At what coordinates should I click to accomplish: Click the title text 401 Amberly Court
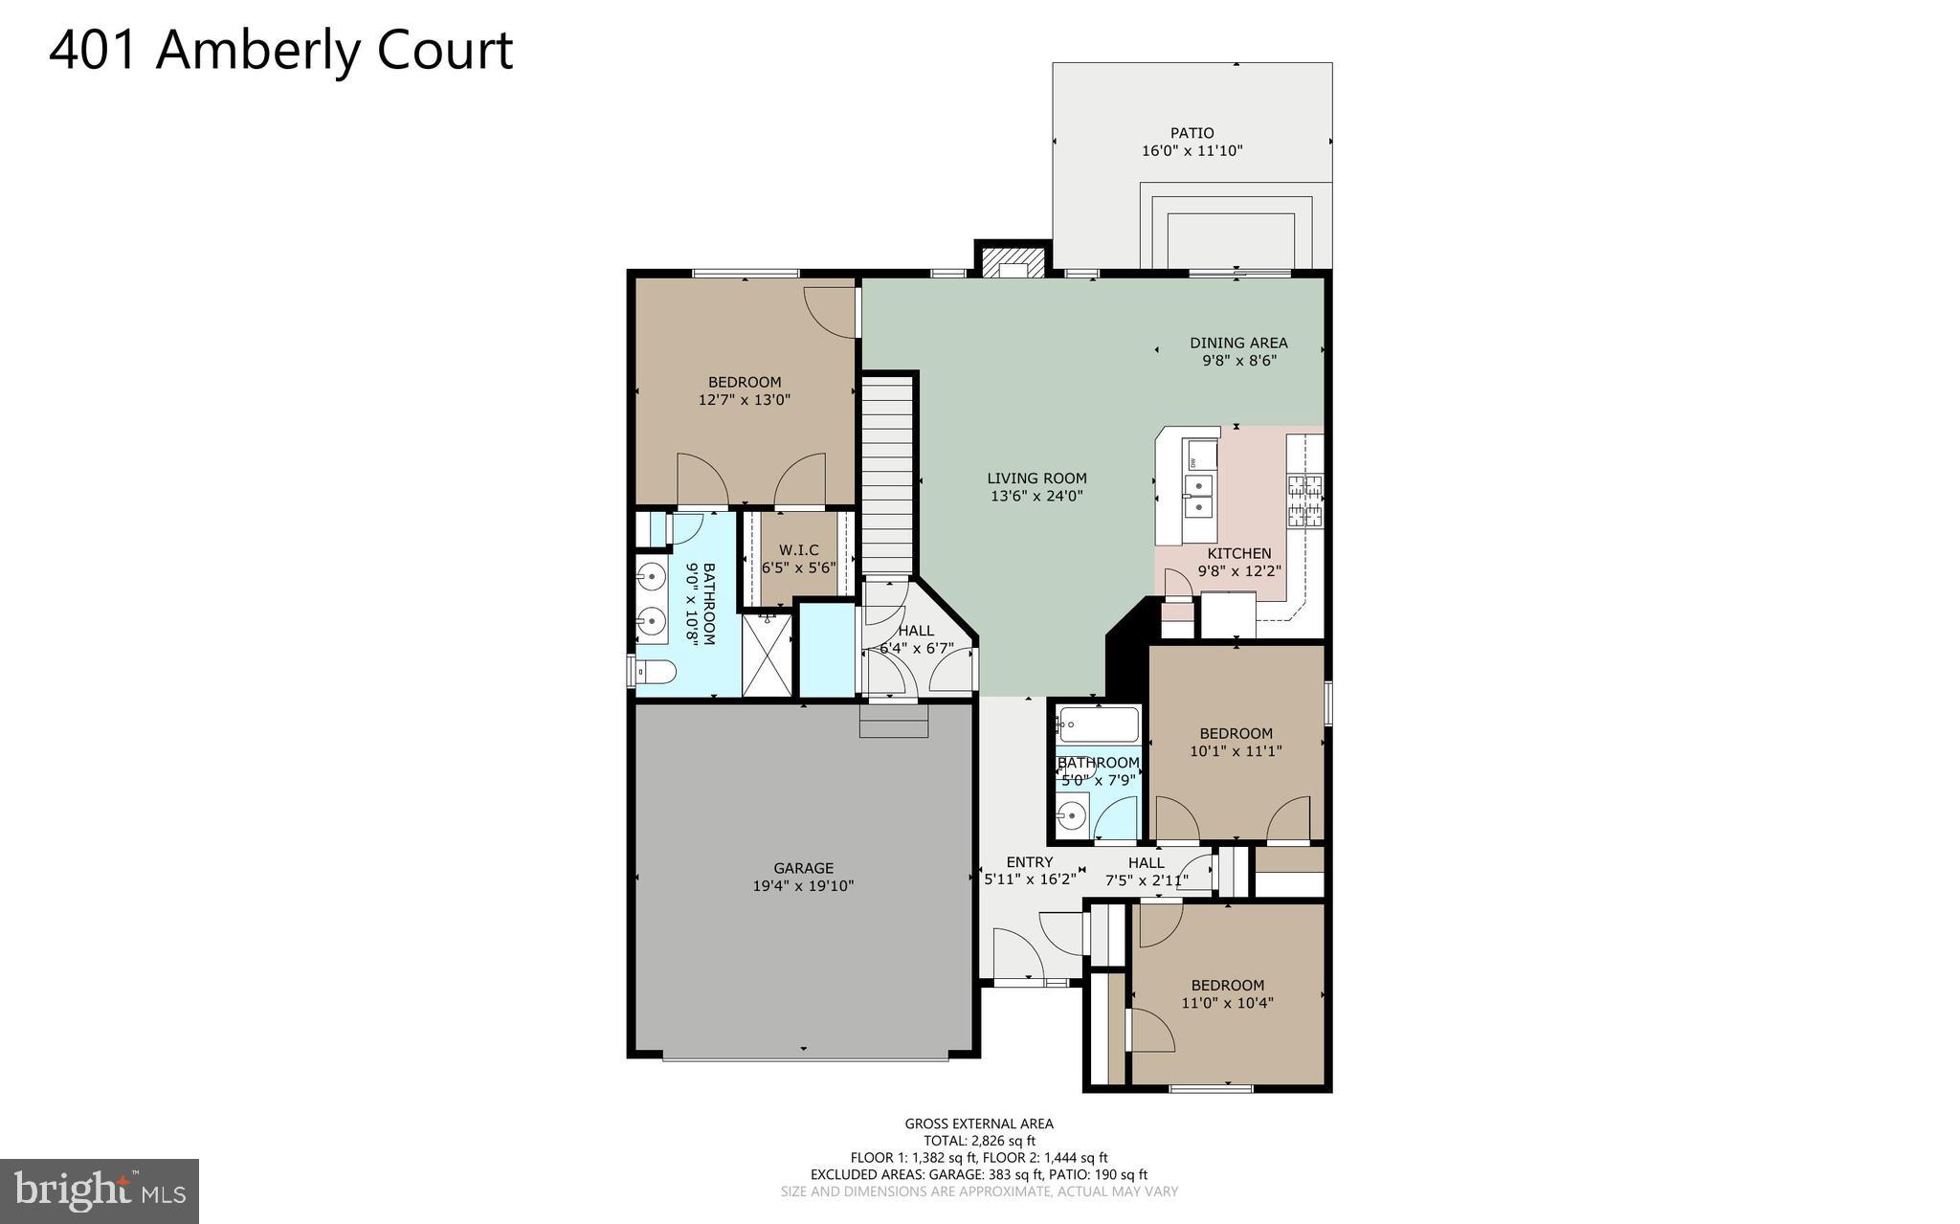click(280, 50)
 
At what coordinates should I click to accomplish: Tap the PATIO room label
click(1192, 133)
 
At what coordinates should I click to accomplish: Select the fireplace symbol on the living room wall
click(1013, 262)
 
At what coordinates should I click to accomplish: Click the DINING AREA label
click(1238, 343)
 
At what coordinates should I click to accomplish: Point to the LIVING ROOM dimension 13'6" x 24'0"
click(1036, 496)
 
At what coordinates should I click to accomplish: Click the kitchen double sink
click(1197, 495)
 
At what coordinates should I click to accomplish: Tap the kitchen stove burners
click(1305, 501)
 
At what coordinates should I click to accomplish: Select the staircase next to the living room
click(888, 475)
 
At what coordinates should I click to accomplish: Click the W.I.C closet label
click(798, 550)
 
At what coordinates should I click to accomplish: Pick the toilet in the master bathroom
click(656, 672)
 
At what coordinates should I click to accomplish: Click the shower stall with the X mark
click(768, 656)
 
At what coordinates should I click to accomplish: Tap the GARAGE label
click(803, 868)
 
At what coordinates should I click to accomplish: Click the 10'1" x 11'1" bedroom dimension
click(1236, 751)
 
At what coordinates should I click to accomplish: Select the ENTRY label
click(1029, 861)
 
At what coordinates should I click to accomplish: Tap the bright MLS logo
click(99, 1191)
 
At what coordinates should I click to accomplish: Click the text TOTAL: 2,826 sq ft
click(979, 1141)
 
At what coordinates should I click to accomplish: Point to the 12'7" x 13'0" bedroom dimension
click(745, 400)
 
